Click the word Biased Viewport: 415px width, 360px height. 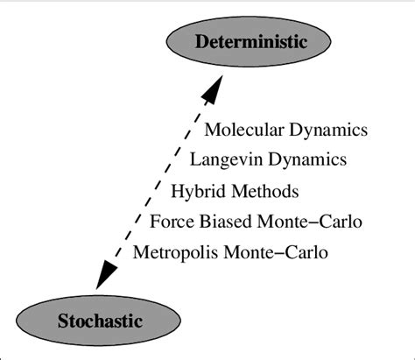point(221,221)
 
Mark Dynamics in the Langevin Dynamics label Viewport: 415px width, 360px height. point(306,160)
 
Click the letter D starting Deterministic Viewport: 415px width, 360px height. point(200,41)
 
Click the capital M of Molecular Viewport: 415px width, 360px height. point(211,131)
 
